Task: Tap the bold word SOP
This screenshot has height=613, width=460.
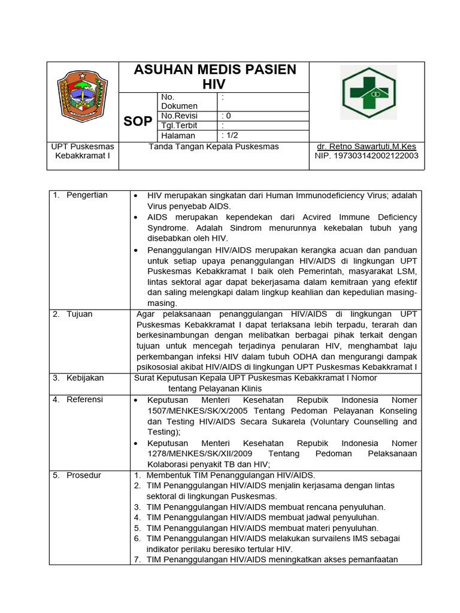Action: pos(138,122)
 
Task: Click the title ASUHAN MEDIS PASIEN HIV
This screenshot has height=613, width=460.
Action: pos(214,77)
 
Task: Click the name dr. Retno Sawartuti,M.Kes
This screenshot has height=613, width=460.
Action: pos(367,146)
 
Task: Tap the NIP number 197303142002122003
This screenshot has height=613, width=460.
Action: pos(367,156)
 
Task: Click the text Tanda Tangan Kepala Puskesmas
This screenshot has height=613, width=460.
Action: pos(214,146)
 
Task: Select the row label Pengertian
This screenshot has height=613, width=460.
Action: pos(87,195)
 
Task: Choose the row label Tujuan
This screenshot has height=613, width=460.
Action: pos(80,314)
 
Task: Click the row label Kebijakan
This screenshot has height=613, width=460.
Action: pos(85,378)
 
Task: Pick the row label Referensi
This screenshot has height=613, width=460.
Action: pos(84,399)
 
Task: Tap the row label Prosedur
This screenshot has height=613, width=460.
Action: pos(84,475)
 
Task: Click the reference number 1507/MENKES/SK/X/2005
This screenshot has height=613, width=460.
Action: pos(198,411)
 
